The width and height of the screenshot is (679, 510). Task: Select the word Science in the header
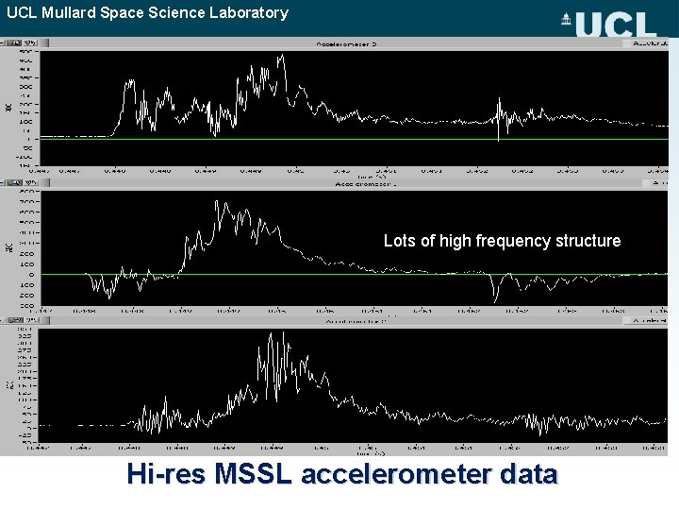tap(182, 12)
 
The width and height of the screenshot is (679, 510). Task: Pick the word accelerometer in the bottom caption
tap(395, 474)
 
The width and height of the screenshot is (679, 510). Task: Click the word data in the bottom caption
tap(528, 474)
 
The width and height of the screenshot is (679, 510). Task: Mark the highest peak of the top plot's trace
tap(281, 56)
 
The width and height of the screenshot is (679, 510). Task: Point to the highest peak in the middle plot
tap(219, 201)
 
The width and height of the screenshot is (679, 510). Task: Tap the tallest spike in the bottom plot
tap(260, 333)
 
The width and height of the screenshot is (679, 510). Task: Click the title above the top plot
tap(349, 43)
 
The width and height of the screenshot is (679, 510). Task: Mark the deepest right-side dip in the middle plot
tap(495, 300)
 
